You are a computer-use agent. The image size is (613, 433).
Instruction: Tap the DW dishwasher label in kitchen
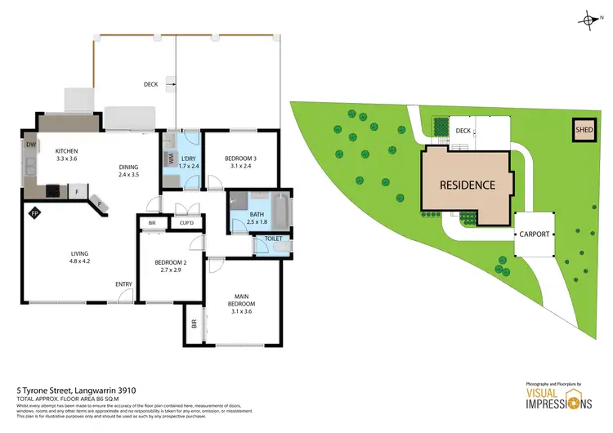point(31,144)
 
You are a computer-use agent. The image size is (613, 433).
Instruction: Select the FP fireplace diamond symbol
point(34,213)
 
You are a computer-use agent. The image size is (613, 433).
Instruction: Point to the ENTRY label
point(123,283)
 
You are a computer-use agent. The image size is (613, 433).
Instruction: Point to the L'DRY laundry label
point(188,161)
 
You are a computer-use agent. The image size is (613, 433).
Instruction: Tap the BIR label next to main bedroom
point(195,324)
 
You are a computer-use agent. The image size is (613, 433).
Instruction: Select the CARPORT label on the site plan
point(534,234)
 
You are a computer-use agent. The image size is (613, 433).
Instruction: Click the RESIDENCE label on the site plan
point(468,185)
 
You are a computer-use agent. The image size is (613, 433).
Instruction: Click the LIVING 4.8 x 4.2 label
point(78,258)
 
